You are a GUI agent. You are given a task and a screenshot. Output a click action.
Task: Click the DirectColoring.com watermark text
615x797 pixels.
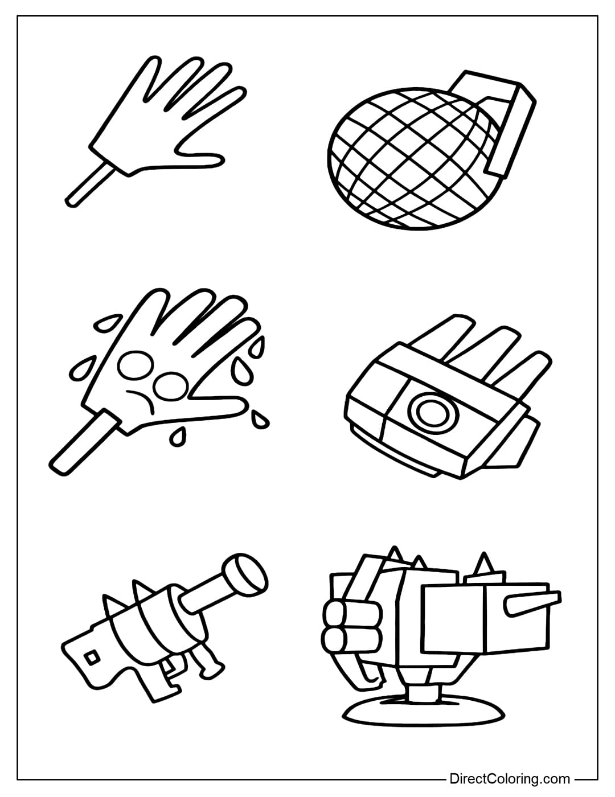(510, 778)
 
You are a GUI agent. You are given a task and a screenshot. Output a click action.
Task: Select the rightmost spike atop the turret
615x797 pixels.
(485, 564)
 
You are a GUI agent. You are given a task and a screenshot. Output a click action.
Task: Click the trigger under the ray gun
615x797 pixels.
(167, 666)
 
